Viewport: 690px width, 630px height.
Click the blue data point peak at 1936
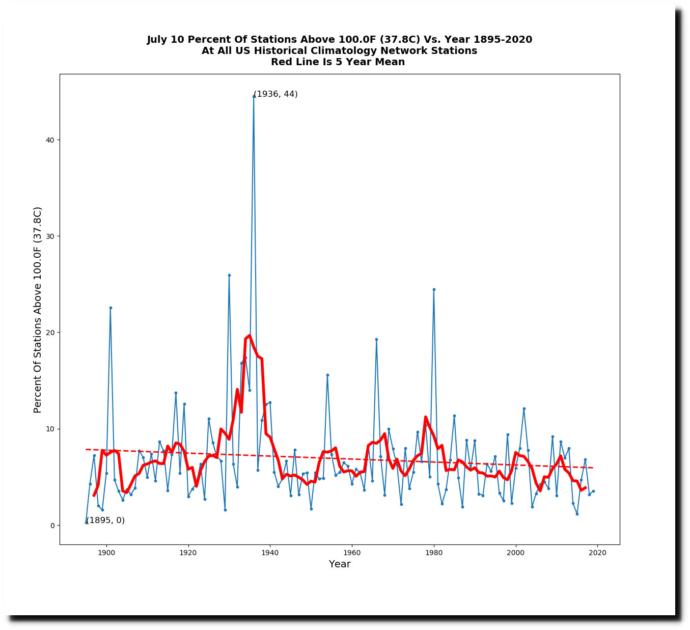pyautogui.click(x=254, y=96)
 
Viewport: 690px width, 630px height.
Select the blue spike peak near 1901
pyautogui.click(x=111, y=308)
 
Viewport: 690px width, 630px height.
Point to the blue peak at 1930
pyautogui.click(x=229, y=275)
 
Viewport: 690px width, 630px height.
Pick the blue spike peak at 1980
pyautogui.click(x=434, y=289)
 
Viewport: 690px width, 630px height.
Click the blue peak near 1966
pyautogui.click(x=376, y=339)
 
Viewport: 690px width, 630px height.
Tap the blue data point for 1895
pyautogui.click(x=86, y=523)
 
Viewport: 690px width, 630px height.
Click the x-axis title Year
pyautogui.click(x=340, y=564)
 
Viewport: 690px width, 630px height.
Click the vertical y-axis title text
pyautogui.click(x=38, y=310)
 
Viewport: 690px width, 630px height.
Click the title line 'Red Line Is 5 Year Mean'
pyautogui.click(x=338, y=62)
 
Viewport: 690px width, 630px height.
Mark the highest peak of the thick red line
pyautogui.click(x=249, y=336)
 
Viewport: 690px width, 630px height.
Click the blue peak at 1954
pyautogui.click(x=327, y=375)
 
